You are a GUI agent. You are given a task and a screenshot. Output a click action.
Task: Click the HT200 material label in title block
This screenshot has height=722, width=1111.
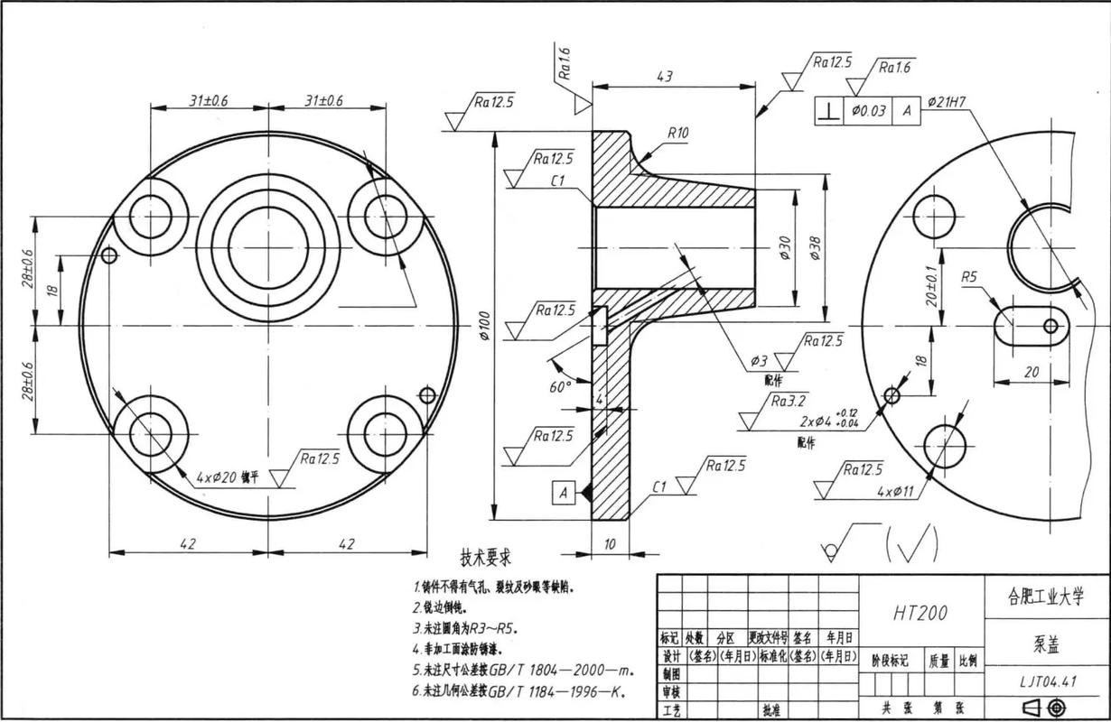pyautogui.click(x=920, y=614)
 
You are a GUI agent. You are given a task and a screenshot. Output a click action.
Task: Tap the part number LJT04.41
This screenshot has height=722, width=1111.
pyautogui.click(x=1045, y=681)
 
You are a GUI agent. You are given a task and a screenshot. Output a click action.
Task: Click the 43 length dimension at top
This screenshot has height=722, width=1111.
pyautogui.click(x=664, y=78)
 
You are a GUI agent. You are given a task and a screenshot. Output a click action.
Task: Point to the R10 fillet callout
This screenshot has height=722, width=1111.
pyautogui.click(x=678, y=134)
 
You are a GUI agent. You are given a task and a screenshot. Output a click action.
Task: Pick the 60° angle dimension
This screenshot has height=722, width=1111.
pyautogui.click(x=561, y=386)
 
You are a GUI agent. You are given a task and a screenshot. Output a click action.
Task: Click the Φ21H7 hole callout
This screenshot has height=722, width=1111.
pyautogui.click(x=947, y=103)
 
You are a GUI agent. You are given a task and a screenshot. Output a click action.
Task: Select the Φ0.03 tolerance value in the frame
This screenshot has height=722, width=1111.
pyautogui.click(x=869, y=110)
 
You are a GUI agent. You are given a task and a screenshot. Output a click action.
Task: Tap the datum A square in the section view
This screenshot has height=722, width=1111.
pyautogui.click(x=564, y=493)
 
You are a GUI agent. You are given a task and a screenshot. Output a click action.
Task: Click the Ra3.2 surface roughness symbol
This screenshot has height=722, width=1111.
pyautogui.click(x=787, y=400)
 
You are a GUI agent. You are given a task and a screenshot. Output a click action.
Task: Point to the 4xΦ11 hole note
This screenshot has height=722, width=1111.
pyautogui.click(x=896, y=492)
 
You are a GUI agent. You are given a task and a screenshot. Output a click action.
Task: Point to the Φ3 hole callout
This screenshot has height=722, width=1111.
pyautogui.click(x=758, y=361)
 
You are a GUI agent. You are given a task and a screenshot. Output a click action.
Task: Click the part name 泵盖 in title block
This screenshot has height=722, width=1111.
pyautogui.click(x=1045, y=646)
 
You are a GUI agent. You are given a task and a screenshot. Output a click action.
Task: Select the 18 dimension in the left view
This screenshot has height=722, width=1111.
pyautogui.click(x=52, y=291)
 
